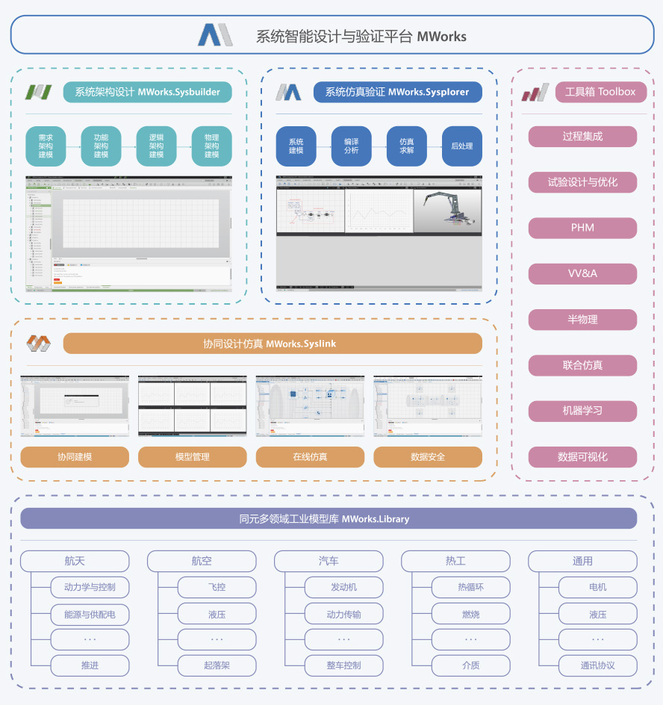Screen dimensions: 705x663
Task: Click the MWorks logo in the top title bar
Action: click(x=217, y=35)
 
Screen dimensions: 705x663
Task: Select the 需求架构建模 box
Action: click(x=46, y=146)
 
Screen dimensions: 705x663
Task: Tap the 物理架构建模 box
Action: click(x=211, y=146)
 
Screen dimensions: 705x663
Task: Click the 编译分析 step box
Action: click(x=351, y=146)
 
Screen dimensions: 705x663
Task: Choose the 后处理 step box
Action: click(x=461, y=146)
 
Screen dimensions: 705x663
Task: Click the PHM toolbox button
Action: click(x=582, y=228)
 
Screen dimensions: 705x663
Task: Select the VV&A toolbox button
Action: click(x=582, y=273)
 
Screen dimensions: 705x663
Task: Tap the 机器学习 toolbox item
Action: click(x=582, y=411)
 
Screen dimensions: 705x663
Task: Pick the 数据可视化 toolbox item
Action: click(x=582, y=457)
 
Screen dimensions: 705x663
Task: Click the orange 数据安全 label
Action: click(x=428, y=457)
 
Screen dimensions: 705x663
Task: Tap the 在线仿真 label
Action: click(x=310, y=457)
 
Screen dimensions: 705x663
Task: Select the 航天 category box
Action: click(x=75, y=562)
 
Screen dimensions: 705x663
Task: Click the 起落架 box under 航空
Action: click(x=217, y=665)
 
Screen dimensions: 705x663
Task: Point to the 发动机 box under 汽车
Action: click(x=344, y=587)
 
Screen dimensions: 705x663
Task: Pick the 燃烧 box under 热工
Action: click(x=471, y=615)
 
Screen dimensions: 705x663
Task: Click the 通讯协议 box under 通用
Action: click(x=598, y=665)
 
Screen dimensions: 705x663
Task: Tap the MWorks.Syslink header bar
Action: click(x=273, y=344)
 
